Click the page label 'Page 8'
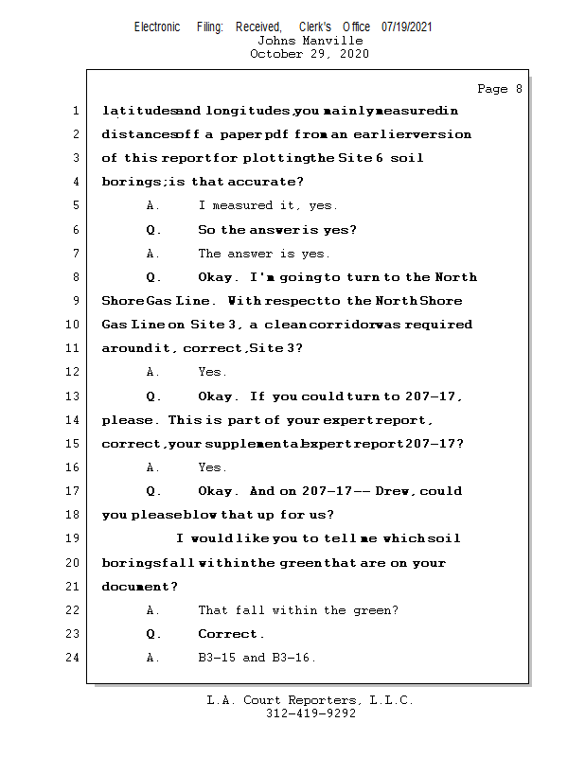pos(499,89)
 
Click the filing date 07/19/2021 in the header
pos(406,26)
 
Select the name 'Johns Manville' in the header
pos(310,41)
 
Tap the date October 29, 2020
pos(310,54)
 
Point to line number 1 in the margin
pos(75,111)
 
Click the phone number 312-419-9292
pos(310,714)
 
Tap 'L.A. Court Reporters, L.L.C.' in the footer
pos(310,701)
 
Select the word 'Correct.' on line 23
pos(232,634)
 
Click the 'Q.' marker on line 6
pos(153,229)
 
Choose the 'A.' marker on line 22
pos(153,610)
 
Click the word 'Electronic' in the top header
pos(157,26)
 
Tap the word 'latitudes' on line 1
pos(130,111)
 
